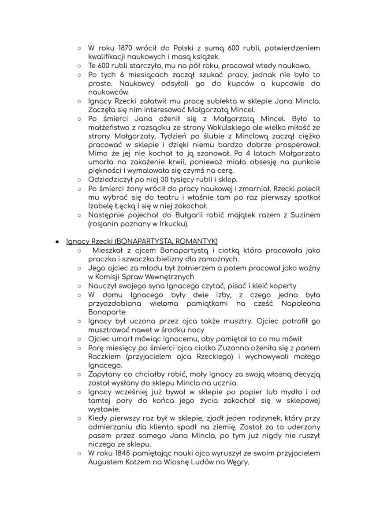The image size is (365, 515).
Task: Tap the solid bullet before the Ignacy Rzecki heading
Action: tap(57, 241)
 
